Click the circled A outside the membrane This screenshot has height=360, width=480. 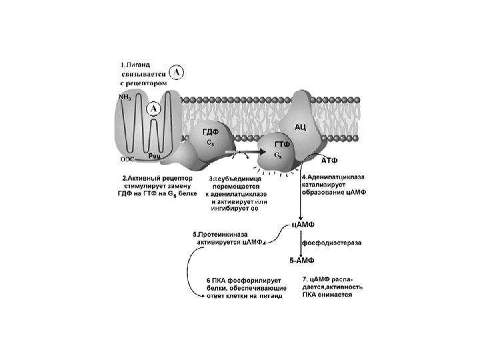177,71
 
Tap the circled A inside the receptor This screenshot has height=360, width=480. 155,107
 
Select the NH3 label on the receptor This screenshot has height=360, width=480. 125,97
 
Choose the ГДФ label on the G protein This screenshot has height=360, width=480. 211,132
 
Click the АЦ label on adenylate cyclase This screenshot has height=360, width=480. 300,126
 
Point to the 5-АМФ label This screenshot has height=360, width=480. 305,260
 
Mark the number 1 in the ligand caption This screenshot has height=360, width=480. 123,65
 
